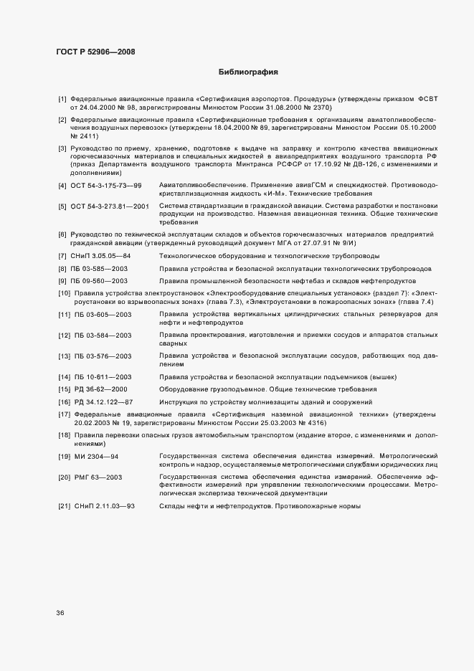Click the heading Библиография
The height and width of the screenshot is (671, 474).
(247, 72)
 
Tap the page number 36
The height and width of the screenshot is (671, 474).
(60, 612)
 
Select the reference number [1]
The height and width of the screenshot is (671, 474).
(62, 98)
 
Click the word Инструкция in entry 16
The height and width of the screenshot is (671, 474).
(180, 401)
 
